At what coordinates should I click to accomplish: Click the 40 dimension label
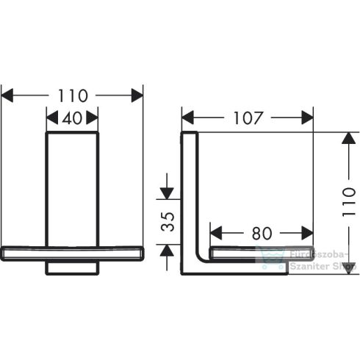72,118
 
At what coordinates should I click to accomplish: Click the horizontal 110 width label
72,96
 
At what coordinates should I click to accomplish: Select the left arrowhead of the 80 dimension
215,234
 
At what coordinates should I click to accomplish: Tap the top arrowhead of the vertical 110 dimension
345,138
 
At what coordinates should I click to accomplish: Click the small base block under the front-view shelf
72,267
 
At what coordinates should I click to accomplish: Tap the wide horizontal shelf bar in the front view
72,253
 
